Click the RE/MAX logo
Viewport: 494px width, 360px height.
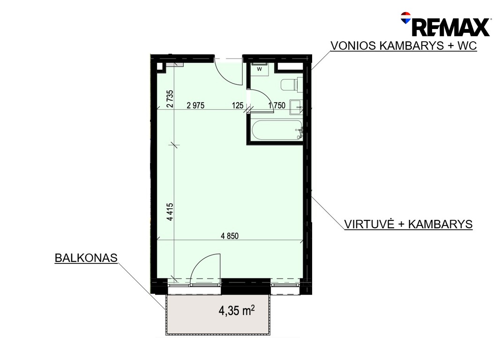click(446, 24)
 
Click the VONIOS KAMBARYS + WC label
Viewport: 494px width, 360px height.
click(404, 45)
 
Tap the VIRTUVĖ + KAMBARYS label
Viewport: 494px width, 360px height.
click(408, 224)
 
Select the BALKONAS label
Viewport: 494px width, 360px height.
click(86, 258)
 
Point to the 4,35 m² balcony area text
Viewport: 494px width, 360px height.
click(237, 311)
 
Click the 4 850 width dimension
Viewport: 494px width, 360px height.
click(230, 236)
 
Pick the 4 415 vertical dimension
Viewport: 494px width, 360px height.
click(170, 212)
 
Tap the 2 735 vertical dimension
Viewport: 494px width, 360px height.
click(170, 99)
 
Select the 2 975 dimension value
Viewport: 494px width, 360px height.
click(195, 105)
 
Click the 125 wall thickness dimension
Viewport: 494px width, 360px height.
click(238, 105)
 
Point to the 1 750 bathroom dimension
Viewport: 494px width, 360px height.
click(277, 105)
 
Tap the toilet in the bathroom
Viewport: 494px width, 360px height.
click(292, 84)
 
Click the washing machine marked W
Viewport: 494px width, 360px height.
click(260, 69)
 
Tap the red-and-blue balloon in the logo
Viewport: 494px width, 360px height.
click(406, 18)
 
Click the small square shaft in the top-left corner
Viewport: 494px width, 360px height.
click(160, 67)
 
